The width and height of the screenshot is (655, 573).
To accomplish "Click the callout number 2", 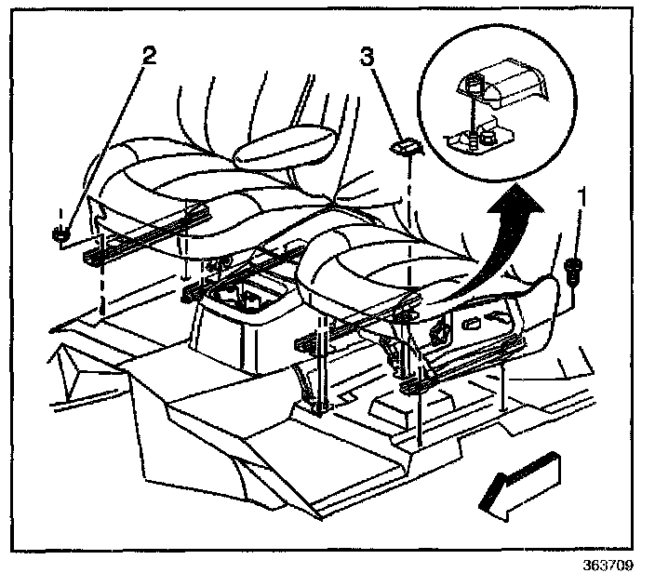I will coord(148,54).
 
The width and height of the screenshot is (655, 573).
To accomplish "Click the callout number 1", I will coord(582,197).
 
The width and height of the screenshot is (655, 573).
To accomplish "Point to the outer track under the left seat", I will coord(130,242).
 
